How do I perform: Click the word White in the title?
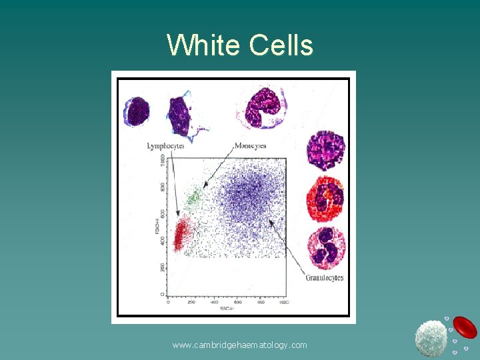(203, 45)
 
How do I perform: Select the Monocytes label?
(250, 145)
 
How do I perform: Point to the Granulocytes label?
(324, 277)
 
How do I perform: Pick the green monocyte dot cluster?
(194, 196)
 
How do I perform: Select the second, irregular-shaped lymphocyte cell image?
(180, 115)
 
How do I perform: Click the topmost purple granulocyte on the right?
(325, 150)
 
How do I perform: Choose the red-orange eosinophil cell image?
(325, 198)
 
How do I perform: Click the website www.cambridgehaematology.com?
(239, 345)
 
